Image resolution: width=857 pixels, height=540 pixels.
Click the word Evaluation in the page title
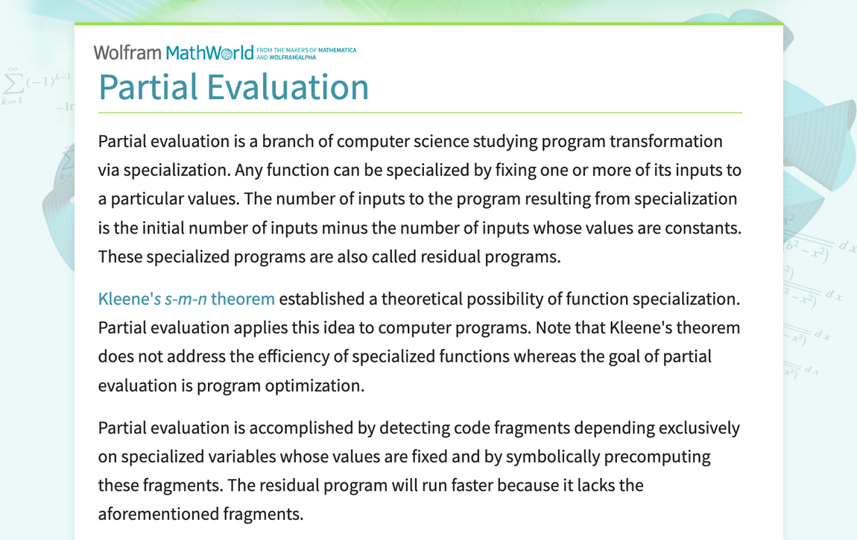point(288,87)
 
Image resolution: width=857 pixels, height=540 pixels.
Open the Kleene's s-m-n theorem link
point(186,299)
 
